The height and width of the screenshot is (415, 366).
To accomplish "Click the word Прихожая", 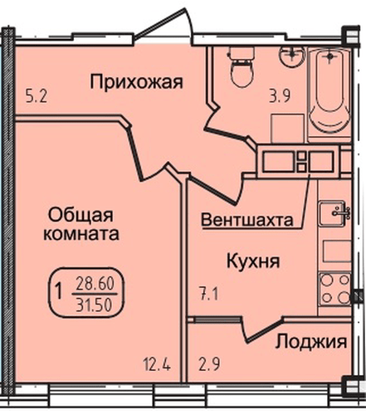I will (x=136, y=81).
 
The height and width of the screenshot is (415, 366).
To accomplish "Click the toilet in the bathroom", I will (x=242, y=67).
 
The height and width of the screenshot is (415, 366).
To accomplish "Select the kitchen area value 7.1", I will (x=208, y=293).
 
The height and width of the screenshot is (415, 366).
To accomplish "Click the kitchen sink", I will (x=338, y=213).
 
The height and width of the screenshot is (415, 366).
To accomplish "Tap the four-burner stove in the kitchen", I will (x=336, y=289).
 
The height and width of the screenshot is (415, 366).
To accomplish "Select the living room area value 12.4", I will (x=157, y=362).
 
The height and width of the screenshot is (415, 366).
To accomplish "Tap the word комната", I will (x=81, y=235).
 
